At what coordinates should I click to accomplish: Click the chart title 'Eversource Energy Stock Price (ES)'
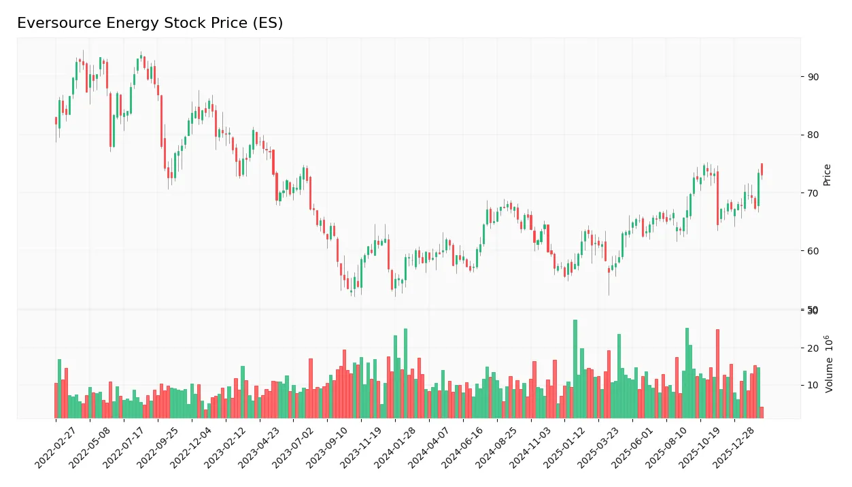(150, 23)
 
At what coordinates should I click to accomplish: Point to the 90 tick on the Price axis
(813, 77)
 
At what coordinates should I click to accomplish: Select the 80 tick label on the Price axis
(813, 135)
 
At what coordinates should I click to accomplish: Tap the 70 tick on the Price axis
(813, 193)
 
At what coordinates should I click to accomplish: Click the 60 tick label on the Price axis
(813, 251)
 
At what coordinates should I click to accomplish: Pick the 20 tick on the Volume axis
(813, 348)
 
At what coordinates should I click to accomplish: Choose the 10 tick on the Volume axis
(813, 386)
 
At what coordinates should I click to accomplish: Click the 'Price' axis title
(828, 175)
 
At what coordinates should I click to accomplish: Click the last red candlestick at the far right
(762, 169)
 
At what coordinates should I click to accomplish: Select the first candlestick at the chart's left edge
(56, 120)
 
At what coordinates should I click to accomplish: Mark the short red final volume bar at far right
(762, 412)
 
